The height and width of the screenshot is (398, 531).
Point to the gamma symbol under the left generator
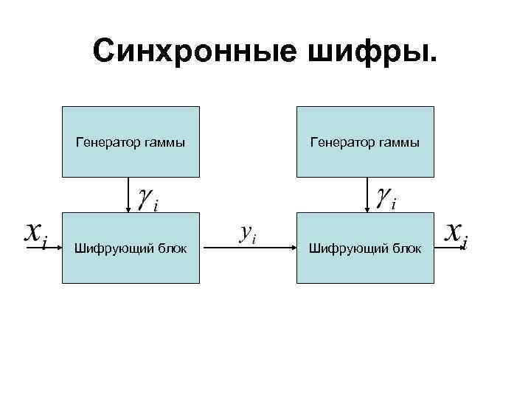[147, 198]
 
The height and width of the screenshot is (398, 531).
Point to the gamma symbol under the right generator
[384, 197]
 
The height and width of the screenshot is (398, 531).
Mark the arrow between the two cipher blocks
[248, 248]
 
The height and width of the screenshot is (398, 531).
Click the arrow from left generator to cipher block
[131, 195]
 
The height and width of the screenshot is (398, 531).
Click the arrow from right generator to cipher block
[366, 195]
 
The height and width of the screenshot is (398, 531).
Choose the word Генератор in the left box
[105, 142]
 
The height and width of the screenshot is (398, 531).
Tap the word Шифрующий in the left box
[105, 249]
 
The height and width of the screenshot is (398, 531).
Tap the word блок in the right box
[406, 249]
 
